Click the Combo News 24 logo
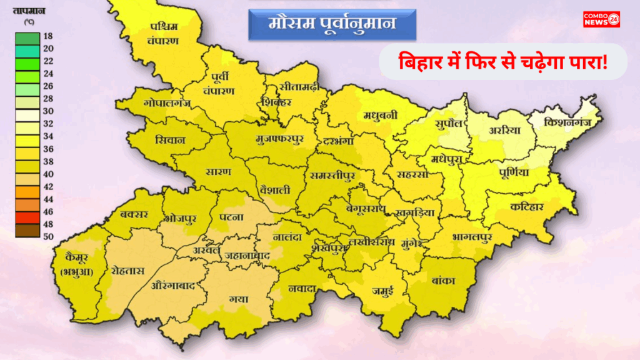point(601,19)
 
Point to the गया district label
point(238,299)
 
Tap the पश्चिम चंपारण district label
point(164,34)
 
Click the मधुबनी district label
point(381,115)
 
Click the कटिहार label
point(526,207)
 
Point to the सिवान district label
point(171,140)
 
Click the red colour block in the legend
point(27,217)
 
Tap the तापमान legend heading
point(28,10)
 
